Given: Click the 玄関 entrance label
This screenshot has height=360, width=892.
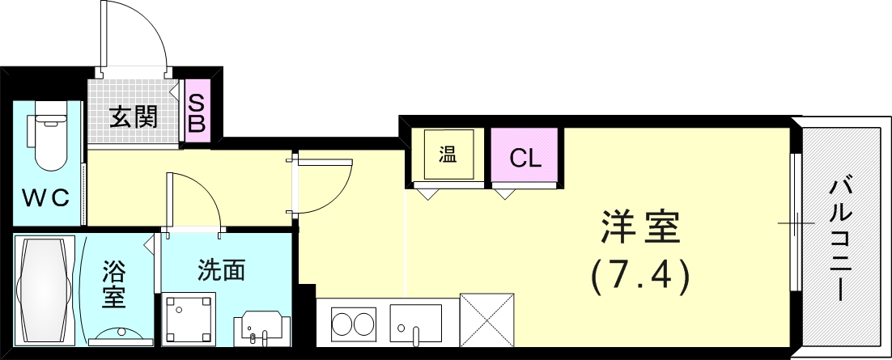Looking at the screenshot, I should tap(134, 117).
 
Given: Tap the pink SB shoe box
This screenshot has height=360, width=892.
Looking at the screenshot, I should tap(198, 112).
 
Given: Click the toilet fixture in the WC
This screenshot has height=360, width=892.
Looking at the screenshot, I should tap(48, 142).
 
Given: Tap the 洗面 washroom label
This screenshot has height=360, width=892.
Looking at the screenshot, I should tap(221, 270).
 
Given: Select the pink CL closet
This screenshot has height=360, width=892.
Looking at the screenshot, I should tap(525, 158).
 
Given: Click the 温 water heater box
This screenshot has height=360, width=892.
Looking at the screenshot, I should tap(448, 155).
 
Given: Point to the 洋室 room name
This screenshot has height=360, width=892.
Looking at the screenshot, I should tap(640, 229).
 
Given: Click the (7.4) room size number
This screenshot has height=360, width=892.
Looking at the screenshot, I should tap(639, 276).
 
